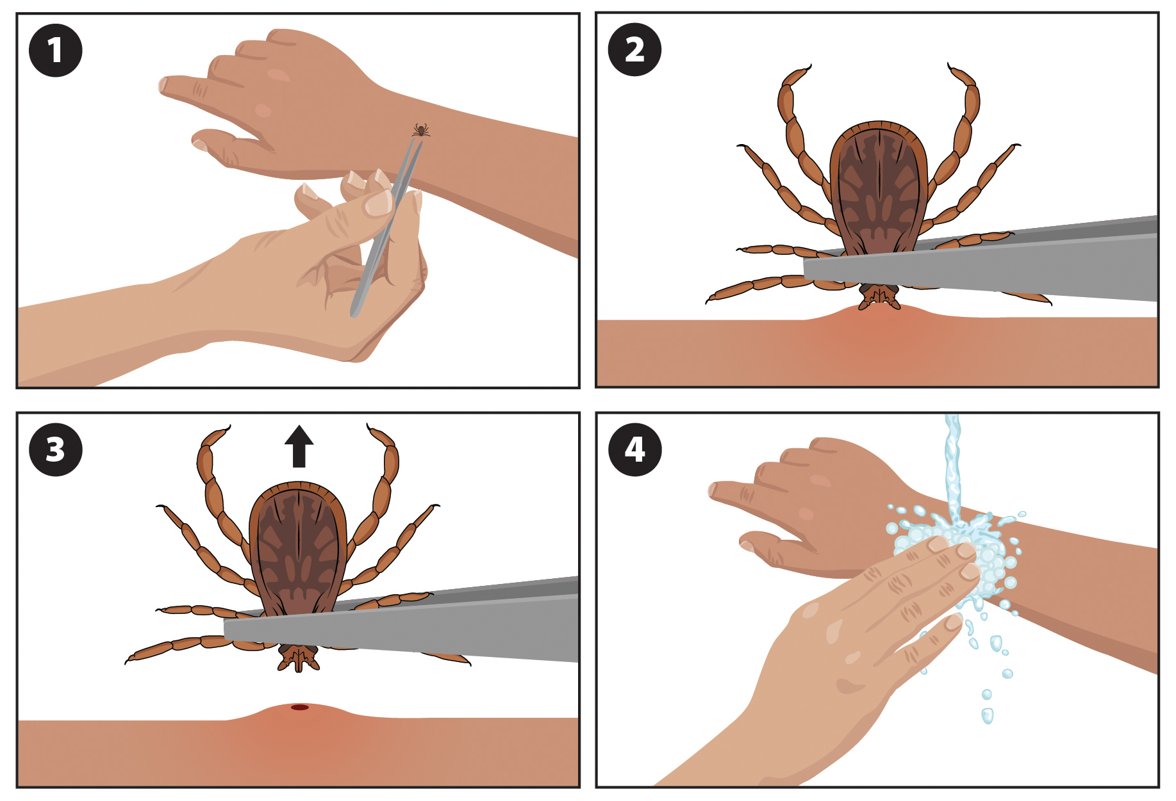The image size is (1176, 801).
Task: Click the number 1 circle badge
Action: [x=55, y=51]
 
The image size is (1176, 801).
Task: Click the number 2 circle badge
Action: [x=634, y=50]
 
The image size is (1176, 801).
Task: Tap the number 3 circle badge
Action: [x=55, y=449]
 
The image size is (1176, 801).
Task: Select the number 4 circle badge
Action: [x=634, y=449]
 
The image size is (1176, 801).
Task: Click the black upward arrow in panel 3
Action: [x=299, y=446]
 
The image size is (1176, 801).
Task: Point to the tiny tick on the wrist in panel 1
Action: [x=421, y=131]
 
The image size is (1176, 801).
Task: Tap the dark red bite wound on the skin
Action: [x=300, y=707]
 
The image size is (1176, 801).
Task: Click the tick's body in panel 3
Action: [x=298, y=551]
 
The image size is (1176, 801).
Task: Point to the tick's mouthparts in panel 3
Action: [x=298, y=658]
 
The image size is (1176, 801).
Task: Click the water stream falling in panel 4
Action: [x=953, y=467]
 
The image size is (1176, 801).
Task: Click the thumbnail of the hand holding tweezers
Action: [x=377, y=203]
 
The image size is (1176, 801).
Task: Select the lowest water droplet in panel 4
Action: [x=988, y=716]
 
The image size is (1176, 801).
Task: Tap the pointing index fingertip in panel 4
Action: [x=713, y=490]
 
